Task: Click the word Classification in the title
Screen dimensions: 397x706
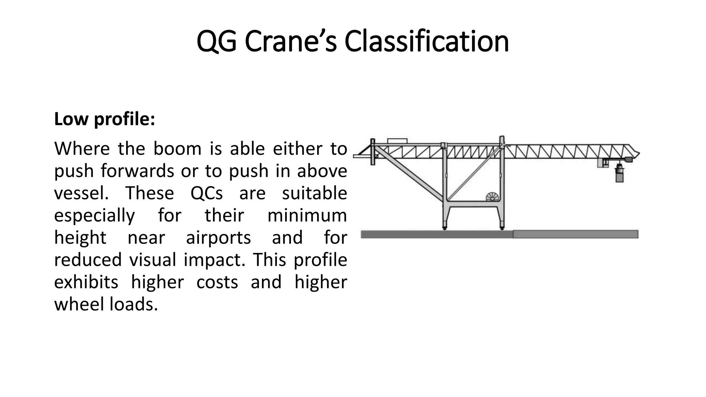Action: tap(426, 41)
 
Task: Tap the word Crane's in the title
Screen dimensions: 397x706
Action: tap(291, 41)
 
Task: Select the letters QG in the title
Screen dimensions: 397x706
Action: tap(216, 41)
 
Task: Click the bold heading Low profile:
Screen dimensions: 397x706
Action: tap(104, 119)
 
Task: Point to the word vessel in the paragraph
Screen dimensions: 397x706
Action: tap(81, 193)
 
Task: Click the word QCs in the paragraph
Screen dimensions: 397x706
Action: tap(206, 193)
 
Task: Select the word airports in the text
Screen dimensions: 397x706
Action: tap(218, 238)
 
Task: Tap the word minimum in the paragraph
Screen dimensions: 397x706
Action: tap(307, 216)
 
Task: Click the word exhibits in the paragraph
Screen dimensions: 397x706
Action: tap(86, 282)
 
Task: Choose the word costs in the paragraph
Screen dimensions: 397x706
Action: tap(217, 282)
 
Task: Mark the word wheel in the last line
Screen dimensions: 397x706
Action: tap(80, 304)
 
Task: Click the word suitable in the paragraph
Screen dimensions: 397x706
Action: tap(314, 193)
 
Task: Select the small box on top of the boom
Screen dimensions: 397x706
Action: tap(397, 141)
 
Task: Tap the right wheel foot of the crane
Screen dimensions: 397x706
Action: tap(502, 227)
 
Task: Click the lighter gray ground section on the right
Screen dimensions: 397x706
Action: tap(575, 234)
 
